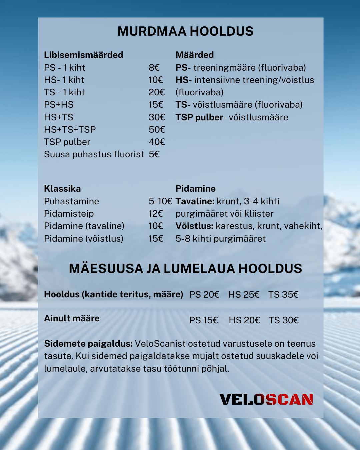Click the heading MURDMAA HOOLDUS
pos(185,31)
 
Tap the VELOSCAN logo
pos(266,399)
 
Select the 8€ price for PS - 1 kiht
pos(154,68)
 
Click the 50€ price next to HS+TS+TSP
pos(157,130)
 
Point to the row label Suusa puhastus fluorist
pos(94,154)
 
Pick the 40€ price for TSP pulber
pos(157,142)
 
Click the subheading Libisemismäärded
pos(83,55)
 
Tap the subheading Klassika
pos(62,189)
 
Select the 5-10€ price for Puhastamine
pos(160,201)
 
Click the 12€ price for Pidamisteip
pos(156,214)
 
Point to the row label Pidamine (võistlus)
pos(83,239)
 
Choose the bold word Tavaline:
pos(195,201)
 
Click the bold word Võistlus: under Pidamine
pos(194,226)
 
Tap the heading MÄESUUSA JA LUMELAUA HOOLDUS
pos(185,269)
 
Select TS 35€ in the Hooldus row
pos(283,295)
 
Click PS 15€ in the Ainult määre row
pos(203,320)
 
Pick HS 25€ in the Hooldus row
pos(244,295)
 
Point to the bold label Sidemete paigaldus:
pos(88,344)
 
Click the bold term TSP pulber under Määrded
pos(199,117)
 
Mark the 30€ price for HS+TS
pos(157,117)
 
